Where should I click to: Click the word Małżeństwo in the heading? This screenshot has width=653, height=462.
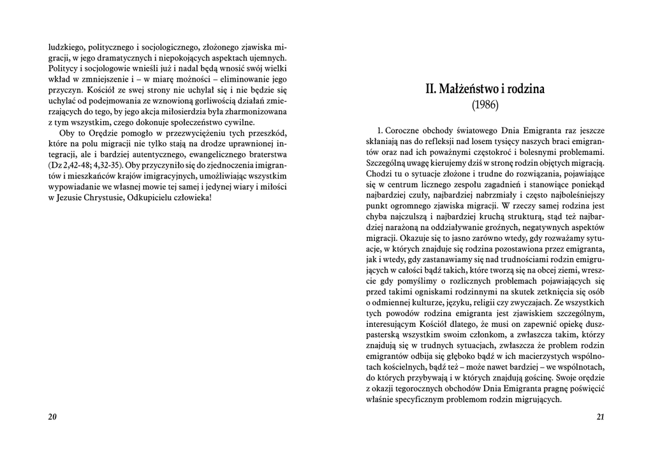tap(465, 89)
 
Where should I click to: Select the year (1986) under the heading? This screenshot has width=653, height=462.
tap(485, 104)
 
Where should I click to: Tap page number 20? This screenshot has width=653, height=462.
tap(52, 417)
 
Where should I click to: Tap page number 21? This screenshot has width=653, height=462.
tap(600, 417)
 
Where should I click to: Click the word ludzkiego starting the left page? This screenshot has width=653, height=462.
tap(66, 47)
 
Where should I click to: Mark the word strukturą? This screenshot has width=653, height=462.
tap(512, 217)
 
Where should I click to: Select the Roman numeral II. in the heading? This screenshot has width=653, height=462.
tap(431, 89)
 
